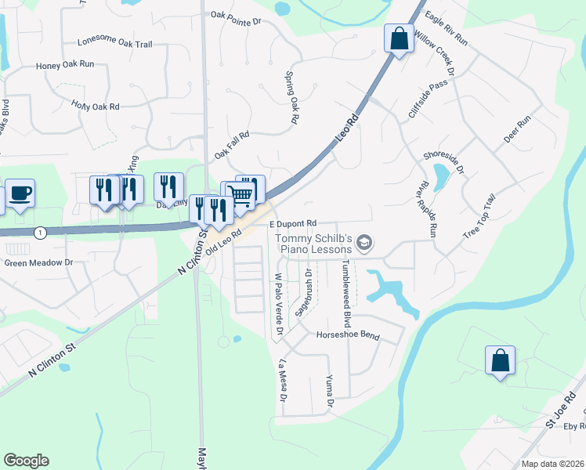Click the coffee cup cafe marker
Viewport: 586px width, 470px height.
20,193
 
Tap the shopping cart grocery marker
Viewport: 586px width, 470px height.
242,194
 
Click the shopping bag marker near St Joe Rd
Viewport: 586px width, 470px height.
500,360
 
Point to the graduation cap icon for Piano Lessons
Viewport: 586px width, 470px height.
364,244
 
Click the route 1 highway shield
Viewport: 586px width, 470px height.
41,233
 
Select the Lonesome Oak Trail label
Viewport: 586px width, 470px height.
114,44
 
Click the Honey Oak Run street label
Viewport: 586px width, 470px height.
65,65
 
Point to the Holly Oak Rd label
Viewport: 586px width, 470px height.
95,105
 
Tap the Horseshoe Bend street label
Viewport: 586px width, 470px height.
347,335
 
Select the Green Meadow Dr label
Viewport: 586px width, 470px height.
38,263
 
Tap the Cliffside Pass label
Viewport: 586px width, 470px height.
428,99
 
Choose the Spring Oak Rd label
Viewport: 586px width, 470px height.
293,98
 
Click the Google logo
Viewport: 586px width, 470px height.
26,461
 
